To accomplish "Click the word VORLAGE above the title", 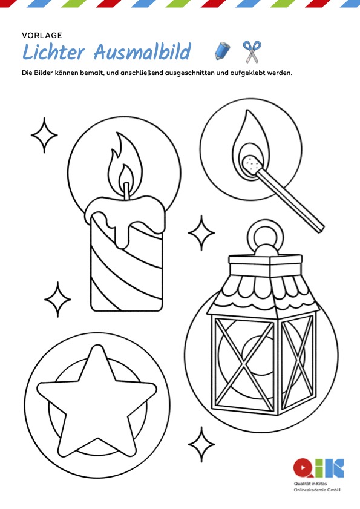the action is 42,35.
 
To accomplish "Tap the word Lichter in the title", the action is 54,51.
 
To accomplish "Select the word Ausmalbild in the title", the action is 142,51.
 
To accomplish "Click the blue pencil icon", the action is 223,51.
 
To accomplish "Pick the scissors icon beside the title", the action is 252,51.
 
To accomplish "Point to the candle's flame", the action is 125,166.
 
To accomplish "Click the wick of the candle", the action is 126,191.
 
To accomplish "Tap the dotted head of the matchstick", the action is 252,164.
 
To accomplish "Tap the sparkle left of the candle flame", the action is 44,135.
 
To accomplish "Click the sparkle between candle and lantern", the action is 201,233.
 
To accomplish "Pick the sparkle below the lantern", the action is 201,444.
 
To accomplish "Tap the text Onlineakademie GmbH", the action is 317,490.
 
